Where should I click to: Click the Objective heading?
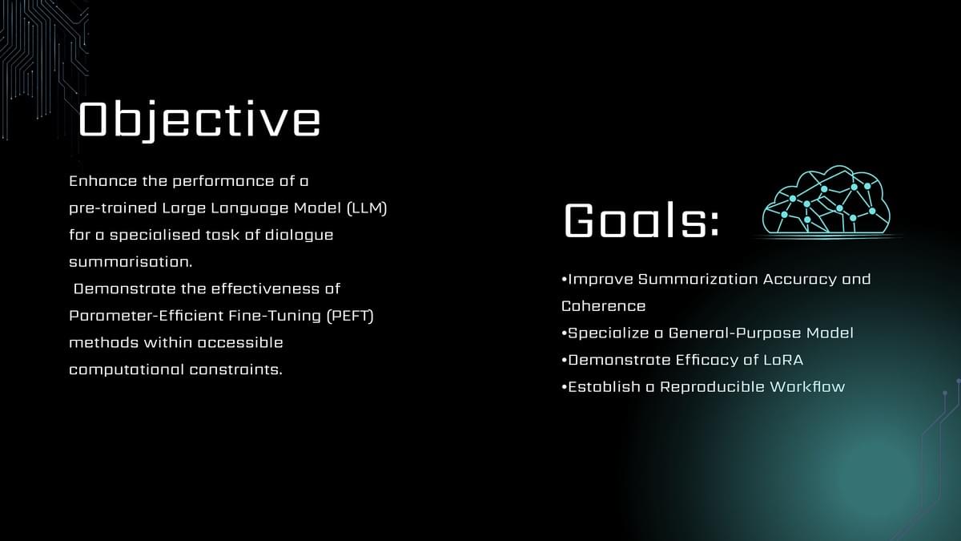199,119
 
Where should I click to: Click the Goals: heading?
641,220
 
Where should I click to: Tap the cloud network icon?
826,200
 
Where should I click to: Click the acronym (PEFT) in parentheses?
350,316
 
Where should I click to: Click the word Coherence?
603,306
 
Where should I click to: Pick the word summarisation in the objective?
131,262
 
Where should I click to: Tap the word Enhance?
103,181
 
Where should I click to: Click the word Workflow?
807,387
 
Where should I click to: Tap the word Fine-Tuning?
275,316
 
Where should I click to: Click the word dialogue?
299,236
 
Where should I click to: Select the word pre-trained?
113,208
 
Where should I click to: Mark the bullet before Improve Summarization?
564,280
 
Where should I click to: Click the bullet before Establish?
564,387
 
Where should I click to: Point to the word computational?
127,369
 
